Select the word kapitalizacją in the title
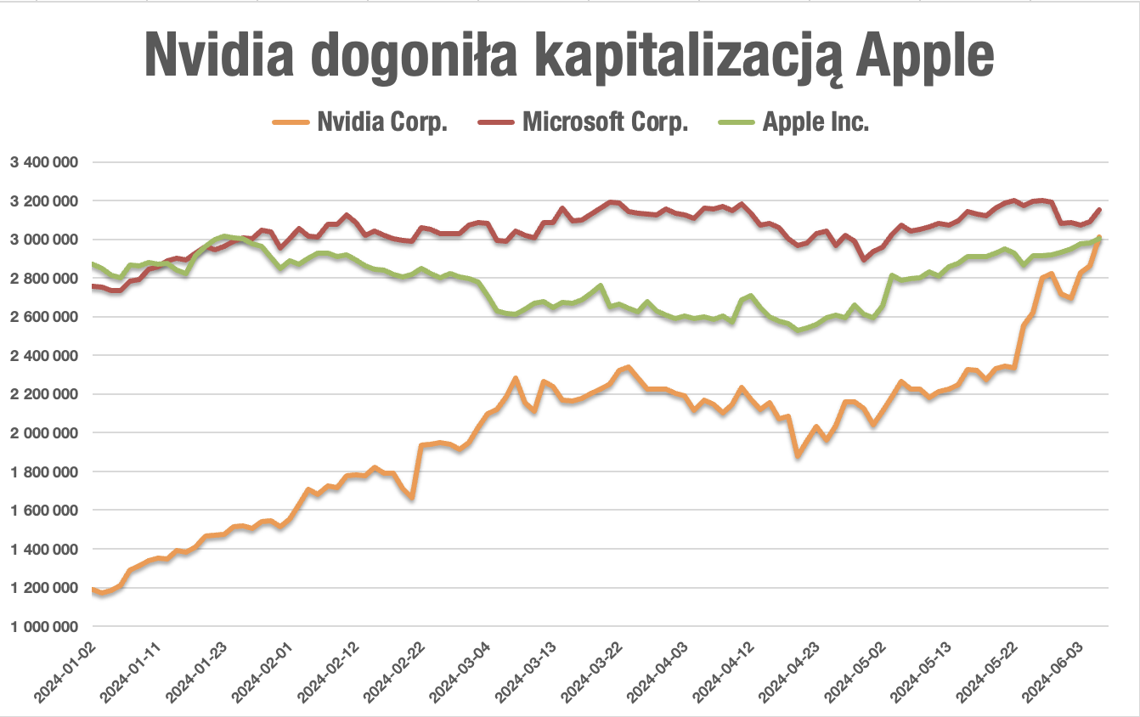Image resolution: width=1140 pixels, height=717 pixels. [672, 56]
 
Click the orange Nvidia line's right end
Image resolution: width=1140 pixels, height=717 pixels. [1099, 239]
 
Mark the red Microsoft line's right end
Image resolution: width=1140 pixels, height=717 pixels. [1099, 210]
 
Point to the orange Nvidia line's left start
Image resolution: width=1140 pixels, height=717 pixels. [93, 589]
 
